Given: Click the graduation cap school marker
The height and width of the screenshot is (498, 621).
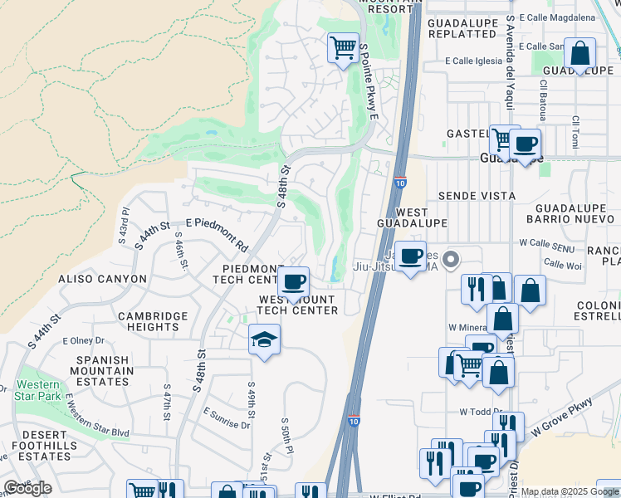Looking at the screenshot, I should pyautogui.click(x=264, y=339).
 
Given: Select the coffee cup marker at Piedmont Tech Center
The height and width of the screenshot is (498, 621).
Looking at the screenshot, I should pyautogui.click(x=292, y=282).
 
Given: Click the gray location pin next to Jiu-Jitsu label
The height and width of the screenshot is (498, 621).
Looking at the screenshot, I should pyautogui.click(x=451, y=260).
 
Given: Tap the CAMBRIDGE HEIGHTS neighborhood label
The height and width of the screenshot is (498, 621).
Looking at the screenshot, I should pyautogui.click(x=153, y=322).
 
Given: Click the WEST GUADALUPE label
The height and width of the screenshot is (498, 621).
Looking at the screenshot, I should pyautogui.click(x=412, y=217).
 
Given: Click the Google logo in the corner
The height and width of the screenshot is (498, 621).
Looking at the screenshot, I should pyautogui.click(x=27, y=488).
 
